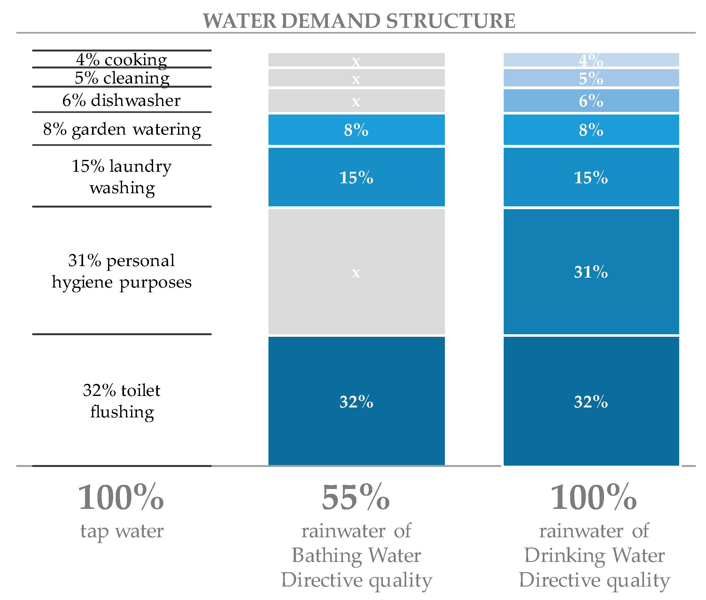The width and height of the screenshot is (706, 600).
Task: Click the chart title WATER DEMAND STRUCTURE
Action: point(359,21)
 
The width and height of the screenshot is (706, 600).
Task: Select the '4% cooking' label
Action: point(121,59)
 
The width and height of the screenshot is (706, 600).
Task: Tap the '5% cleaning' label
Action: point(122,78)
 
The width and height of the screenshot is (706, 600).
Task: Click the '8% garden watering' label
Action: point(122,129)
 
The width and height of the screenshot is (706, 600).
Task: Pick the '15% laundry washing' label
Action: point(122,177)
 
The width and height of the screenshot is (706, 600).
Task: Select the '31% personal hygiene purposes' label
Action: point(121,271)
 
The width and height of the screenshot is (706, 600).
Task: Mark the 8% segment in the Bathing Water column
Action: point(356,130)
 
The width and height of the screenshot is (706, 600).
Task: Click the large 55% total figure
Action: point(355,497)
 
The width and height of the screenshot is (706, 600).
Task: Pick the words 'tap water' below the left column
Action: point(122,531)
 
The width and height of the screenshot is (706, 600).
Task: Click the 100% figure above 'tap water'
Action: point(121,497)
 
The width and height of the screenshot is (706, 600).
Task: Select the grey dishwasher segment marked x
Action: point(356,101)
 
